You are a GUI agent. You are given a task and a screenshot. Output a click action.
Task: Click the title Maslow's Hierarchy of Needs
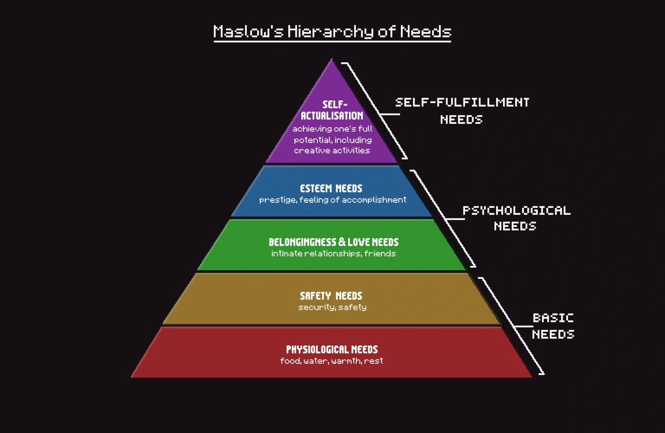coord(332,32)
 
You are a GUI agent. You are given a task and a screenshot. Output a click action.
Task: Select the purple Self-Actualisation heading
coord(332,110)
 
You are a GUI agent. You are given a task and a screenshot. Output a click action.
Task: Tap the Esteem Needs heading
coord(331,188)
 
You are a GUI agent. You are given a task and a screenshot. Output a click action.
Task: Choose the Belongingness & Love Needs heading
coord(334,242)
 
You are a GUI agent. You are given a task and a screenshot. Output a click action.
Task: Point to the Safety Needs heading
coord(331,296)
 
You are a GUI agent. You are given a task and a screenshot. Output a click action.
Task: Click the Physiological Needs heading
coord(332,349)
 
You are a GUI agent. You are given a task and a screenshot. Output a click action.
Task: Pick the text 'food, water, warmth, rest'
coord(331,361)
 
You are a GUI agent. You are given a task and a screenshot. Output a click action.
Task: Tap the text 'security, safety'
coord(332,307)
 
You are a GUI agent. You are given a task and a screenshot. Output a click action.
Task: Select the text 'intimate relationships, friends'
coord(333,254)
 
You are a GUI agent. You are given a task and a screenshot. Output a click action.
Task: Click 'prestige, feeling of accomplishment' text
coord(332,200)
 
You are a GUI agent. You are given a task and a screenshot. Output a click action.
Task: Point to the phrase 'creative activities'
coord(332,151)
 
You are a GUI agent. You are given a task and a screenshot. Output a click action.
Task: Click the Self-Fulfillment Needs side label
coord(462,110)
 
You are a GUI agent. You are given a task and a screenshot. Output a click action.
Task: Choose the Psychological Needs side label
coord(516,218)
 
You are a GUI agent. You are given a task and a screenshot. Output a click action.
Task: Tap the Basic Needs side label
coord(553,326)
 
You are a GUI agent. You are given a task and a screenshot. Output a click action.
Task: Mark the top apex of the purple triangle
coord(331,60)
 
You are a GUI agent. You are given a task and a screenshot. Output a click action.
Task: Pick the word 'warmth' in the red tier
coord(345,361)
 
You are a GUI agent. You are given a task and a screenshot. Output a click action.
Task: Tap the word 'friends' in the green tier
coord(380,254)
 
